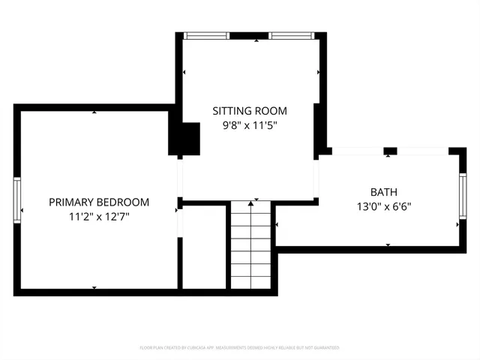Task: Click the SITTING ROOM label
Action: [250, 112]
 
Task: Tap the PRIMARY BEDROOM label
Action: [99, 202]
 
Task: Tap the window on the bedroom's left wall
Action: [17, 199]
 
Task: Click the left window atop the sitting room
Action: [207, 35]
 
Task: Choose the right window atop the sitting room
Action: [292, 35]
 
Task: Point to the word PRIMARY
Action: [72, 202]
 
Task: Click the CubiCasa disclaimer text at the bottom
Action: [240, 348]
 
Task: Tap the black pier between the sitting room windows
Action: [250, 35]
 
